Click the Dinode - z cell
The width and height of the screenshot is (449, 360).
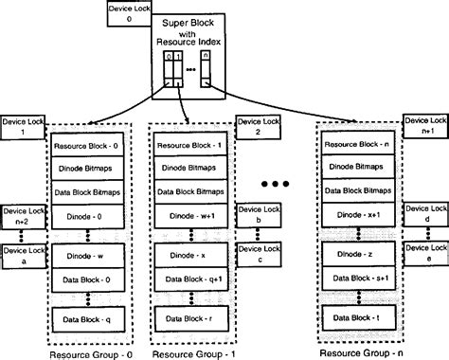click(355, 256)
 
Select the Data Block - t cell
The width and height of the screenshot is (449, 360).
click(355, 313)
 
